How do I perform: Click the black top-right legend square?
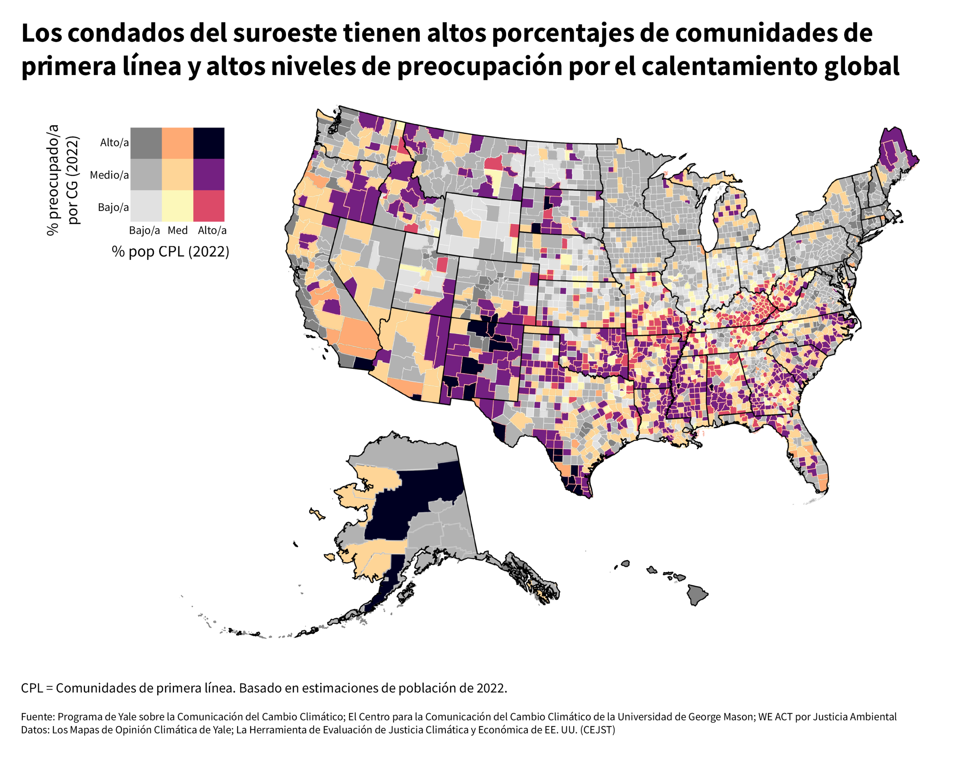click(x=209, y=143)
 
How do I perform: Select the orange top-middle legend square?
click(x=177, y=143)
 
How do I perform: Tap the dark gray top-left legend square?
click(x=146, y=143)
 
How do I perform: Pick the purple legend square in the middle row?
click(x=209, y=175)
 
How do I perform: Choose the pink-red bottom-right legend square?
click(x=209, y=206)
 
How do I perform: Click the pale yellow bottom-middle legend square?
click(x=177, y=206)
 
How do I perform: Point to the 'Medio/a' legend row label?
click(x=109, y=175)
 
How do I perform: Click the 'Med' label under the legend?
click(x=177, y=231)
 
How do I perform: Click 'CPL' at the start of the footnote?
click(x=32, y=688)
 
